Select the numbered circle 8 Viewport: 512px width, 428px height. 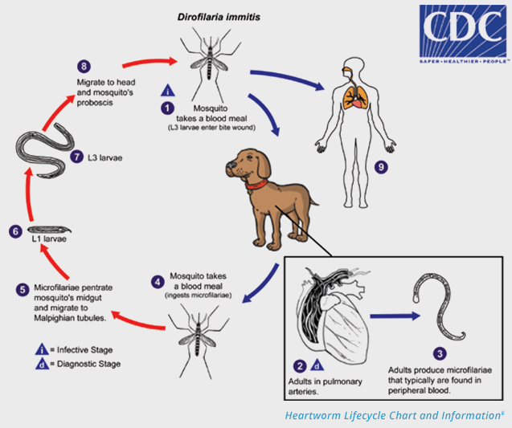point(82,65)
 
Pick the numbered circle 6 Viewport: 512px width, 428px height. point(14,231)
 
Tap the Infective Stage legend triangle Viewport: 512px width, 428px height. point(40,349)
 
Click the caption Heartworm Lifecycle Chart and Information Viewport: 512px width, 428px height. point(394,415)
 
